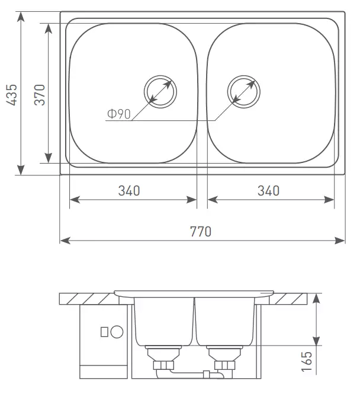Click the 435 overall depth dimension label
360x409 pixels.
tap(12, 95)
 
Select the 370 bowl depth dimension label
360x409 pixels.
tap(40, 95)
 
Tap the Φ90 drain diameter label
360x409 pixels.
tap(119, 114)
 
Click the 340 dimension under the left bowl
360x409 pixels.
tap(129, 191)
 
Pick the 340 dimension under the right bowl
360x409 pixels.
tap(269, 191)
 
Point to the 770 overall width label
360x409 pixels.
tap(201, 232)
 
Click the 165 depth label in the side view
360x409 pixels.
tap(307, 361)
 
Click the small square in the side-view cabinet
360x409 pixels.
tap(104, 332)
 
